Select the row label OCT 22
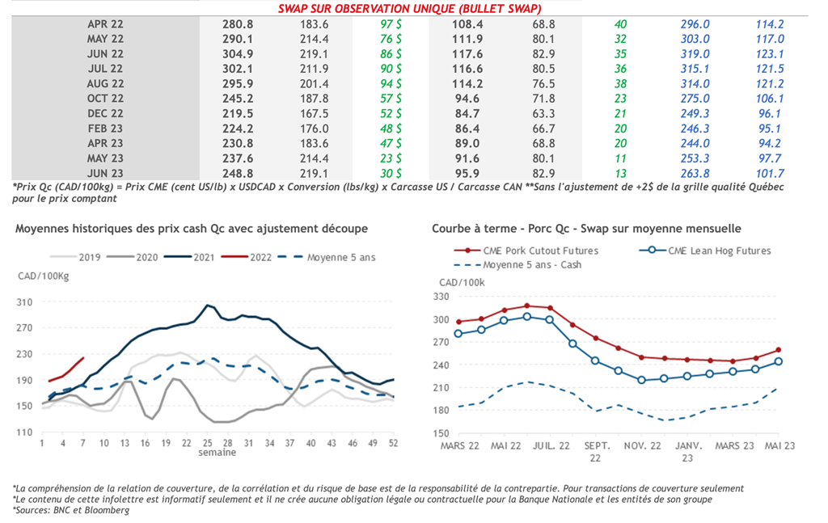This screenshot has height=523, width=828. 106,98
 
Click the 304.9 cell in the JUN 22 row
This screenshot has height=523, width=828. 238,54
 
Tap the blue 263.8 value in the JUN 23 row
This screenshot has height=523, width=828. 695,172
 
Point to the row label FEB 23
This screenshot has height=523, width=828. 106,128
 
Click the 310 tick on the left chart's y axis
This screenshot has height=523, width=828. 24,302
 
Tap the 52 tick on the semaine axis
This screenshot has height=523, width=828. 393,443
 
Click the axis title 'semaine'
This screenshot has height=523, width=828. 218,453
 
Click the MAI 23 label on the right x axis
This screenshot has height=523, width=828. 779,445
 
